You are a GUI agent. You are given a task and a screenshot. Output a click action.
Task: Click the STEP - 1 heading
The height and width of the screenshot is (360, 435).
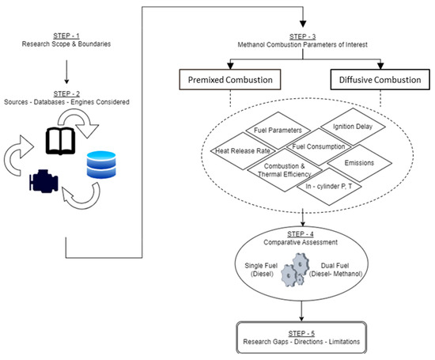pos(66,36)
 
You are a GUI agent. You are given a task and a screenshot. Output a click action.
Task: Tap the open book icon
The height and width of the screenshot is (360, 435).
pos(60,141)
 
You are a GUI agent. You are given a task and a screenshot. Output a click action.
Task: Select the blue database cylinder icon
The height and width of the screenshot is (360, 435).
pos(101,165)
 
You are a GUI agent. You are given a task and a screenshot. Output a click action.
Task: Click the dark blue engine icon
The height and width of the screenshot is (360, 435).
pos(43,181)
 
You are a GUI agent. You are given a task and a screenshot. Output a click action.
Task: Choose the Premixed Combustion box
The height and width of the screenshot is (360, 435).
pos(230,80)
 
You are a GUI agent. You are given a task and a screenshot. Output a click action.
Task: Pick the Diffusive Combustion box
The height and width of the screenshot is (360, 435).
pos(380,80)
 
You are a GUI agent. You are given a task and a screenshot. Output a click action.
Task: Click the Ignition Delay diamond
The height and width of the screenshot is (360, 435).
pos(353,127)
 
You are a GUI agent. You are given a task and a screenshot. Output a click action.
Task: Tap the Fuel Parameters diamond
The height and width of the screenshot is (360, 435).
pos(278,131)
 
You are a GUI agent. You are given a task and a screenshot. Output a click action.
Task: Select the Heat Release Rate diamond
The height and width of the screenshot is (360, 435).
pos(243,150)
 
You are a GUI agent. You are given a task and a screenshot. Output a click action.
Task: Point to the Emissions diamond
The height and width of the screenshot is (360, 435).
pos(359,163)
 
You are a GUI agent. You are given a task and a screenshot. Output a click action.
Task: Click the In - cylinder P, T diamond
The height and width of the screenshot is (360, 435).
pos(329,187)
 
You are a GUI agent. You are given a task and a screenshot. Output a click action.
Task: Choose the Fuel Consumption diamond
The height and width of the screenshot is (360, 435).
pos(319,147)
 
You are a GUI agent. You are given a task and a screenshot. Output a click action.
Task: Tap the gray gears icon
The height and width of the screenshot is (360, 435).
pos(295,270)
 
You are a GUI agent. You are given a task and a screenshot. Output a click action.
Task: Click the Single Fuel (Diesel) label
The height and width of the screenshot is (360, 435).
pos(261,270)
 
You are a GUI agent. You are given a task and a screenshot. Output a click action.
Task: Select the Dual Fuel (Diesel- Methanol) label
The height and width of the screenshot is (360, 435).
pos(335,270)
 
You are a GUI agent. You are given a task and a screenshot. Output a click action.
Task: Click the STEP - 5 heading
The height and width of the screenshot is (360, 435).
pos(301,333)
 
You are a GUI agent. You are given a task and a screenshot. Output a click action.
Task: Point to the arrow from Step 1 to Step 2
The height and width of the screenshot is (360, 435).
pos(66,72)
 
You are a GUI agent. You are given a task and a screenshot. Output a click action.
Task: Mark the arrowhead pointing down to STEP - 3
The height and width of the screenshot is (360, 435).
pos(303,25)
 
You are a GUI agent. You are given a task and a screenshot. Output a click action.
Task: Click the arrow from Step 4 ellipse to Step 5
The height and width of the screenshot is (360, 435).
pos(301,311)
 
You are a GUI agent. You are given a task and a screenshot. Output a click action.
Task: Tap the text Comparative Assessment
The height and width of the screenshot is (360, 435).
pos(301,242)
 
